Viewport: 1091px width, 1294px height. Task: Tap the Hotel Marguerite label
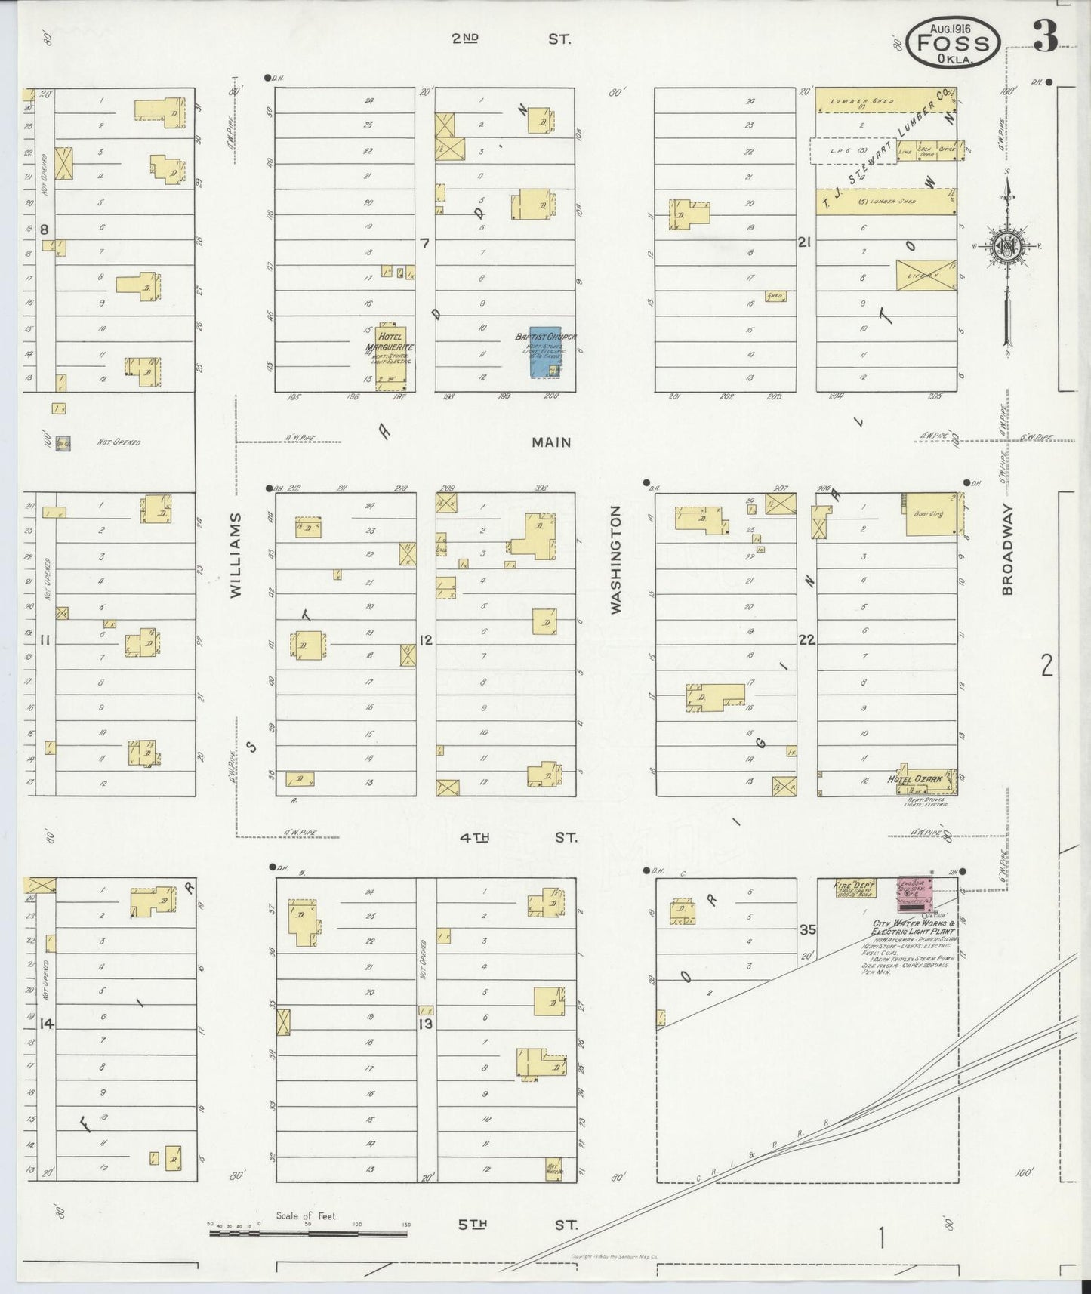coord(390,342)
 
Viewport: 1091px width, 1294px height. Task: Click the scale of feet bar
coord(308,1234)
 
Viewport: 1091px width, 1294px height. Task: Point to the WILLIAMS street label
coord(236,556)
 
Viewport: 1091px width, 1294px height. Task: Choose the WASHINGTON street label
coord(615,559)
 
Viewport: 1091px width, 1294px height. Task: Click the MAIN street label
coord(551,442)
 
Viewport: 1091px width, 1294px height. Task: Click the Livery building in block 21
coord(926,276)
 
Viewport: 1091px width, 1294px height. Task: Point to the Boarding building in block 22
coord(931,514)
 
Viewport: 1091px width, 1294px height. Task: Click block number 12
coord(426,640)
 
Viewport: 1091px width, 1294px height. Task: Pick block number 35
coord(807,929)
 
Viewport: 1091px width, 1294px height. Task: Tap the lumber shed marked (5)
coord(886,202)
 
